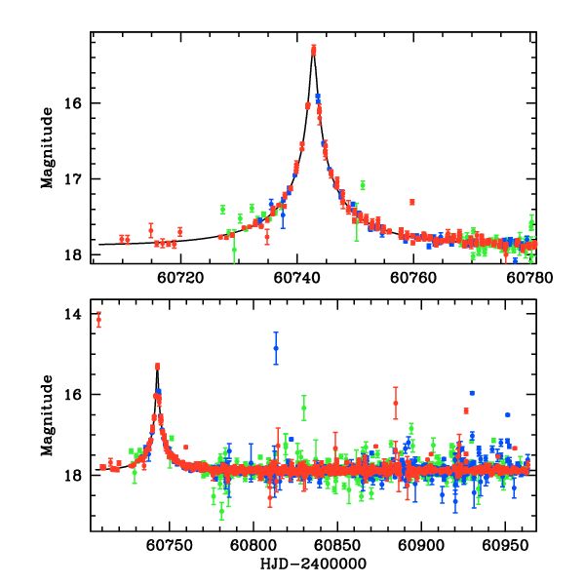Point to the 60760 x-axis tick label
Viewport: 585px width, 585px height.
click(412, 277)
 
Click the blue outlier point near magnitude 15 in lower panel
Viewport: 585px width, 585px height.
click(276, 347)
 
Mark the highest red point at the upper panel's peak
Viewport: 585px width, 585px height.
click(314, 48)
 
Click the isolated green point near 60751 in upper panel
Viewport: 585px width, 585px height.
click(363, 185)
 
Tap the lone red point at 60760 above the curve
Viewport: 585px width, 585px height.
click(412, 202)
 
